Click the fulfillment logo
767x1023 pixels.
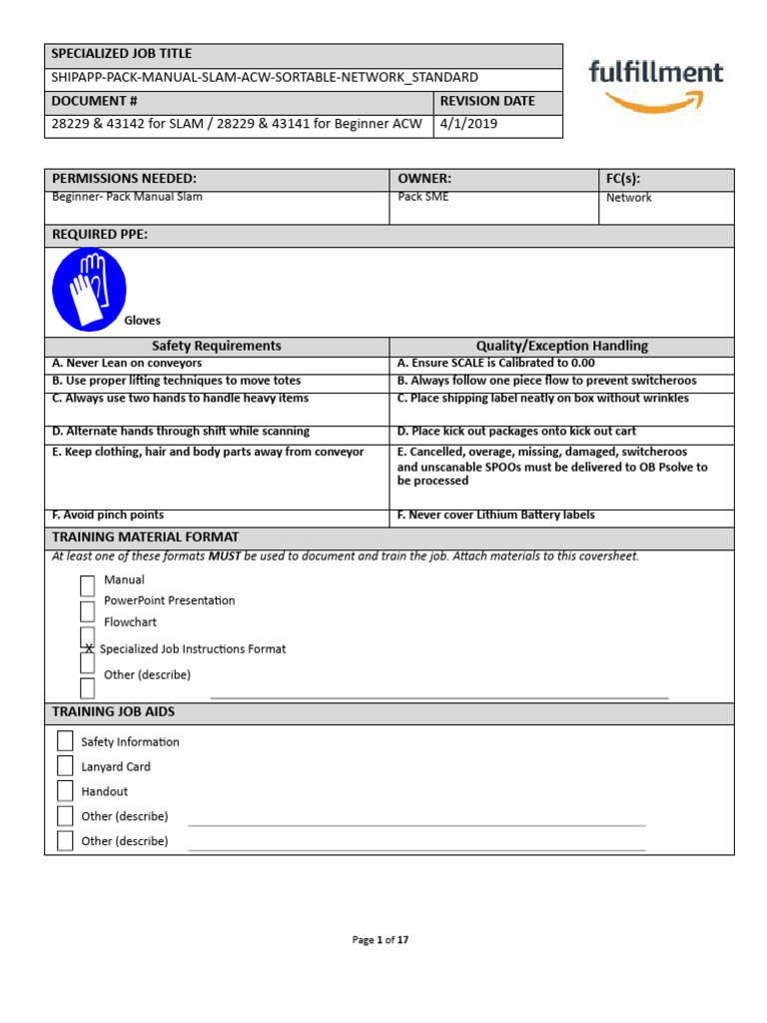[x=656, y=84]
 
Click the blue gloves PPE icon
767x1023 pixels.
[x=88, y=291]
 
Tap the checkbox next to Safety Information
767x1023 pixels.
[x=65, y=741]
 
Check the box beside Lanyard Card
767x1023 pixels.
[x=65, y=766]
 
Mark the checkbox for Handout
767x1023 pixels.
[x=65, y=791]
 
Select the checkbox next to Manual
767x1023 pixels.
[x=88, y=586]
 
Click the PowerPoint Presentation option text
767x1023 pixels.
[x=169, y=600]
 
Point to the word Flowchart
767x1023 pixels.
[x=130, y=621]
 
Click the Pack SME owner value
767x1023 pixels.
[x=423, y=197]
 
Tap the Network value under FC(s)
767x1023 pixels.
[x=628, y=198]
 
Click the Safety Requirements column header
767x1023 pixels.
[x=216, y=346]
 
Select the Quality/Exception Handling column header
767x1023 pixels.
[x=561, y=346]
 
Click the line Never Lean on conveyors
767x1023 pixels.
[x=127, y=364]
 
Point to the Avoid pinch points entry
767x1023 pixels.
[x=108, y=514]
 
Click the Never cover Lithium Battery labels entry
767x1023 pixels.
[x=495, y=514]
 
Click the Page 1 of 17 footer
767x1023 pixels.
[x=381, y=940]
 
